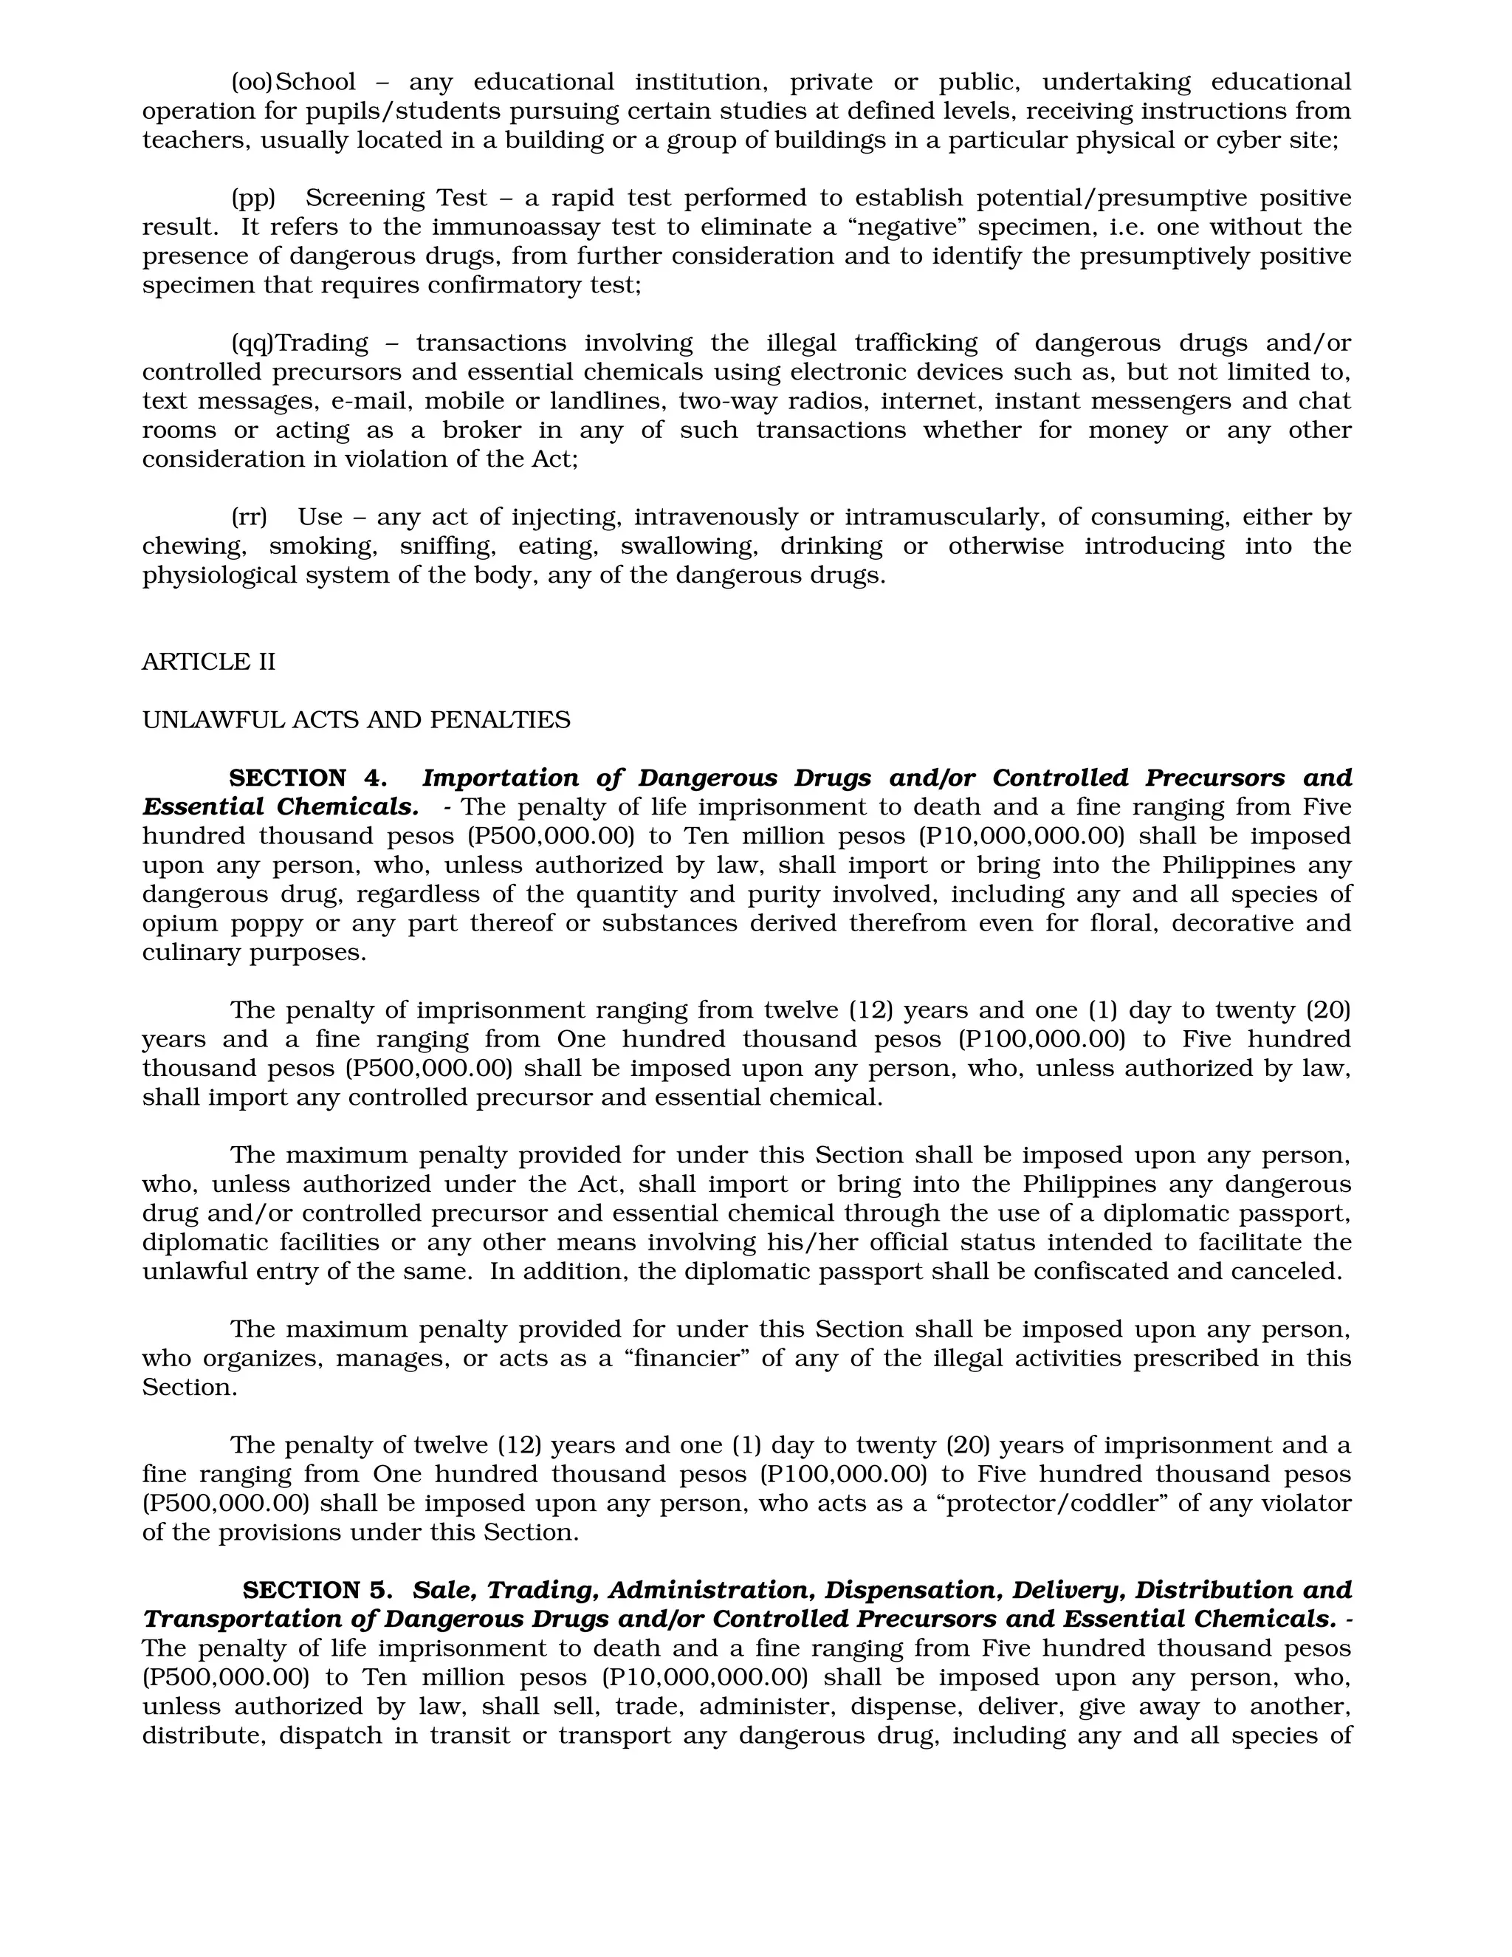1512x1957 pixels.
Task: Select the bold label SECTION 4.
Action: pos(307,778)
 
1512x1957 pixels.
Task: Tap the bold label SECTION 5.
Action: pos(317,1590)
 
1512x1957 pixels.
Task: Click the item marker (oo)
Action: pos(252,81)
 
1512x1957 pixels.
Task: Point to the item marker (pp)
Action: pos(252,198)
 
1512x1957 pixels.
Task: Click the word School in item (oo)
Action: pos(315,81)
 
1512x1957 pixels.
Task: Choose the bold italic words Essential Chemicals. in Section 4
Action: pos(280,806)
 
